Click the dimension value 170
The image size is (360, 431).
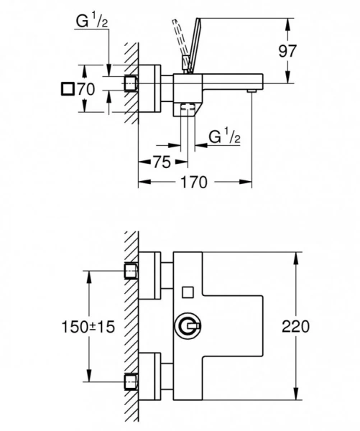point(193,182)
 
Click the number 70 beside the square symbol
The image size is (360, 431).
point(86,90)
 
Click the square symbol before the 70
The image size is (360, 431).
point(68,90)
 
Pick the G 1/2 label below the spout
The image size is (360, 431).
point(223,136)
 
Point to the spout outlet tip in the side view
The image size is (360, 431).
point(251,91)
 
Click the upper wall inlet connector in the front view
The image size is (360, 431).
point(131,271)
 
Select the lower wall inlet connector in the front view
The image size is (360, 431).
point(131,381)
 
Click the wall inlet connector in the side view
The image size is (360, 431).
point(131,83)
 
